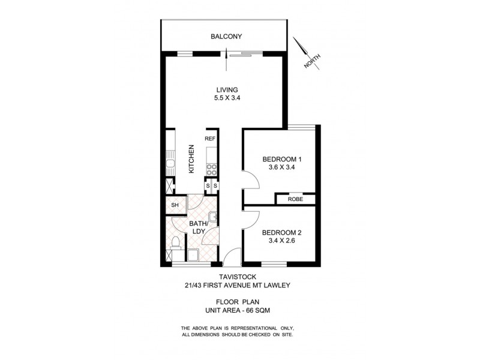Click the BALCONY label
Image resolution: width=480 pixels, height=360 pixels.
[x=226, y=37]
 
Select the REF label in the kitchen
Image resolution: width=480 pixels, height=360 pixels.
[x=210, y=139]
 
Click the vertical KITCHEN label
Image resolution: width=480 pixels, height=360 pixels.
[x=191, y=159]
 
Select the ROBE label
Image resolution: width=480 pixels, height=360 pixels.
[x=295, y=199]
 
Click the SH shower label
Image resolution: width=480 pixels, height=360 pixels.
[x=175, y=206]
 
